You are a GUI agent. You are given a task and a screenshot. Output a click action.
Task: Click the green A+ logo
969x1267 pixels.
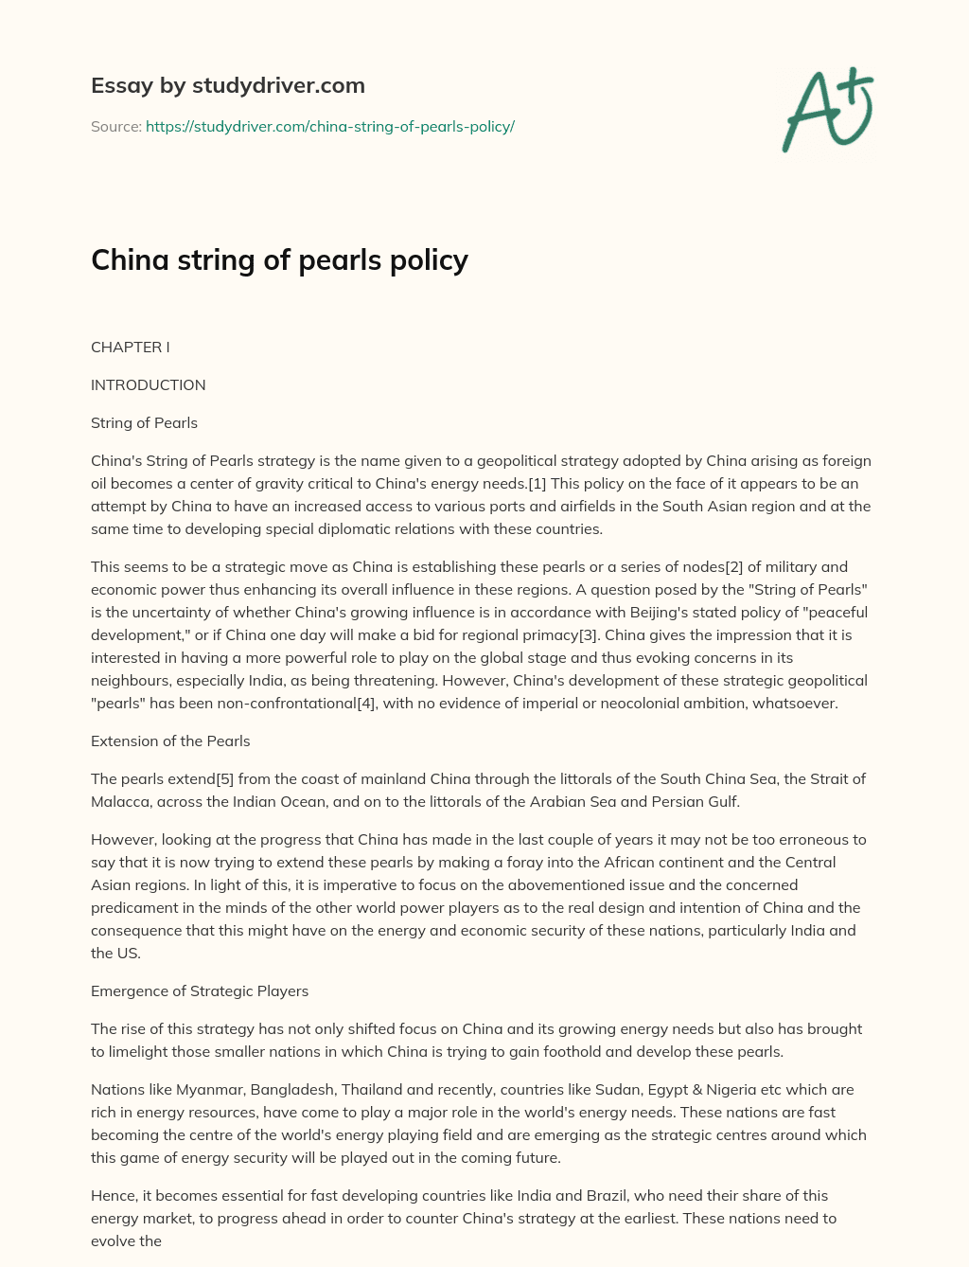point(826,110)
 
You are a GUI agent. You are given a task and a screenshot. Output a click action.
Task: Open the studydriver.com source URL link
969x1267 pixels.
point(329,126)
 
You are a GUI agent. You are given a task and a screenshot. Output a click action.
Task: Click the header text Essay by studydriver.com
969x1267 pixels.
point(227,85)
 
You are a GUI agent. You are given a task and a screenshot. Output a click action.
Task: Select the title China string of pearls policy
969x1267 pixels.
point(279,259)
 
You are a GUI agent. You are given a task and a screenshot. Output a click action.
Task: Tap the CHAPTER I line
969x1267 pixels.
point(130,347)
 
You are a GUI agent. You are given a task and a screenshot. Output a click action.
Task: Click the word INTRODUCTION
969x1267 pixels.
point(148,384)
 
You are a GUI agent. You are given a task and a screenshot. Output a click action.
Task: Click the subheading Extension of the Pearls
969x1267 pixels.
point(170,741)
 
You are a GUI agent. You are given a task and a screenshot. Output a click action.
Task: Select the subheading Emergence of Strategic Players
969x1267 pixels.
point(200,990)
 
